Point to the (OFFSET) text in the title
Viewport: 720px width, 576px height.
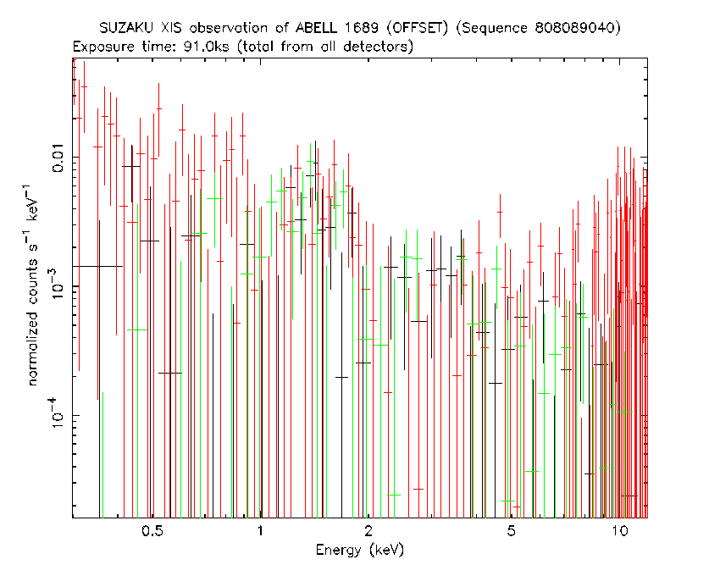click(418, 29)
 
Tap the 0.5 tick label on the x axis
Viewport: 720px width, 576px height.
click(152, 531)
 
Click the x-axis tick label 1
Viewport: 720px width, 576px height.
click(260, 531)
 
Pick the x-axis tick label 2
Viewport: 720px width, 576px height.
click(368, 531)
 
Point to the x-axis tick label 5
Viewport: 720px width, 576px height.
click(511, 531)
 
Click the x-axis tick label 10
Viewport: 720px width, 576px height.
click(619, 531)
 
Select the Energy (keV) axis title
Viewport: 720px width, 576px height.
click(359, 550)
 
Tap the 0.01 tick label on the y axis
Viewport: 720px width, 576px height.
click(58, 158)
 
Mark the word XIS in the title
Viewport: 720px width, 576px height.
click(171, 28)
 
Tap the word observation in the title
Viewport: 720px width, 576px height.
click(228, 28)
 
